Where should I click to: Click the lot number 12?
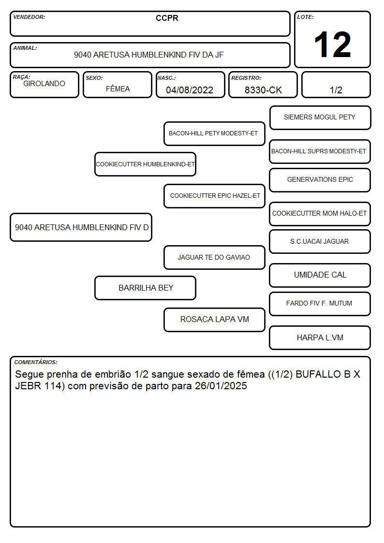[332, 44]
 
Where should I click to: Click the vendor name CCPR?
[167, 18]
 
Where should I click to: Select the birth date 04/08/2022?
[190, 90]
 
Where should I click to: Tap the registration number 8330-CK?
[263, 90]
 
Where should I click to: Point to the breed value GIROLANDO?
[44, 84]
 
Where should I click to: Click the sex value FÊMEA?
[118, 88]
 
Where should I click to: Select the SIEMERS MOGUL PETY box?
[320, 118]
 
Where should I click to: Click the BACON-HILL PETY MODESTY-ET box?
[214, 133]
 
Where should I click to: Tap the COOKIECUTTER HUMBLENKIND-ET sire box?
[145, 164]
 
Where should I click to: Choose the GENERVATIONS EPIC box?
[320, 180]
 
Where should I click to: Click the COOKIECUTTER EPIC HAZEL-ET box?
[214, 196]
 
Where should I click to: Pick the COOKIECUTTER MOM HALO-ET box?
[320, 214]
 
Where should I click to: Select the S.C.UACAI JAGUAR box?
[320, 242]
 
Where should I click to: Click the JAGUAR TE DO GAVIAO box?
[214, 258]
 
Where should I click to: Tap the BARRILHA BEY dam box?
[145, 288]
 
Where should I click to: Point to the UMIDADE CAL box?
[320, 275]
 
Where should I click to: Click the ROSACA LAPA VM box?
[214, 320]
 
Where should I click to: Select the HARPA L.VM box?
[320, 338]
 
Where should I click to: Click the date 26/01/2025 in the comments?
[221, 386]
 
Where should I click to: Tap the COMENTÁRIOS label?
[36, 362]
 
